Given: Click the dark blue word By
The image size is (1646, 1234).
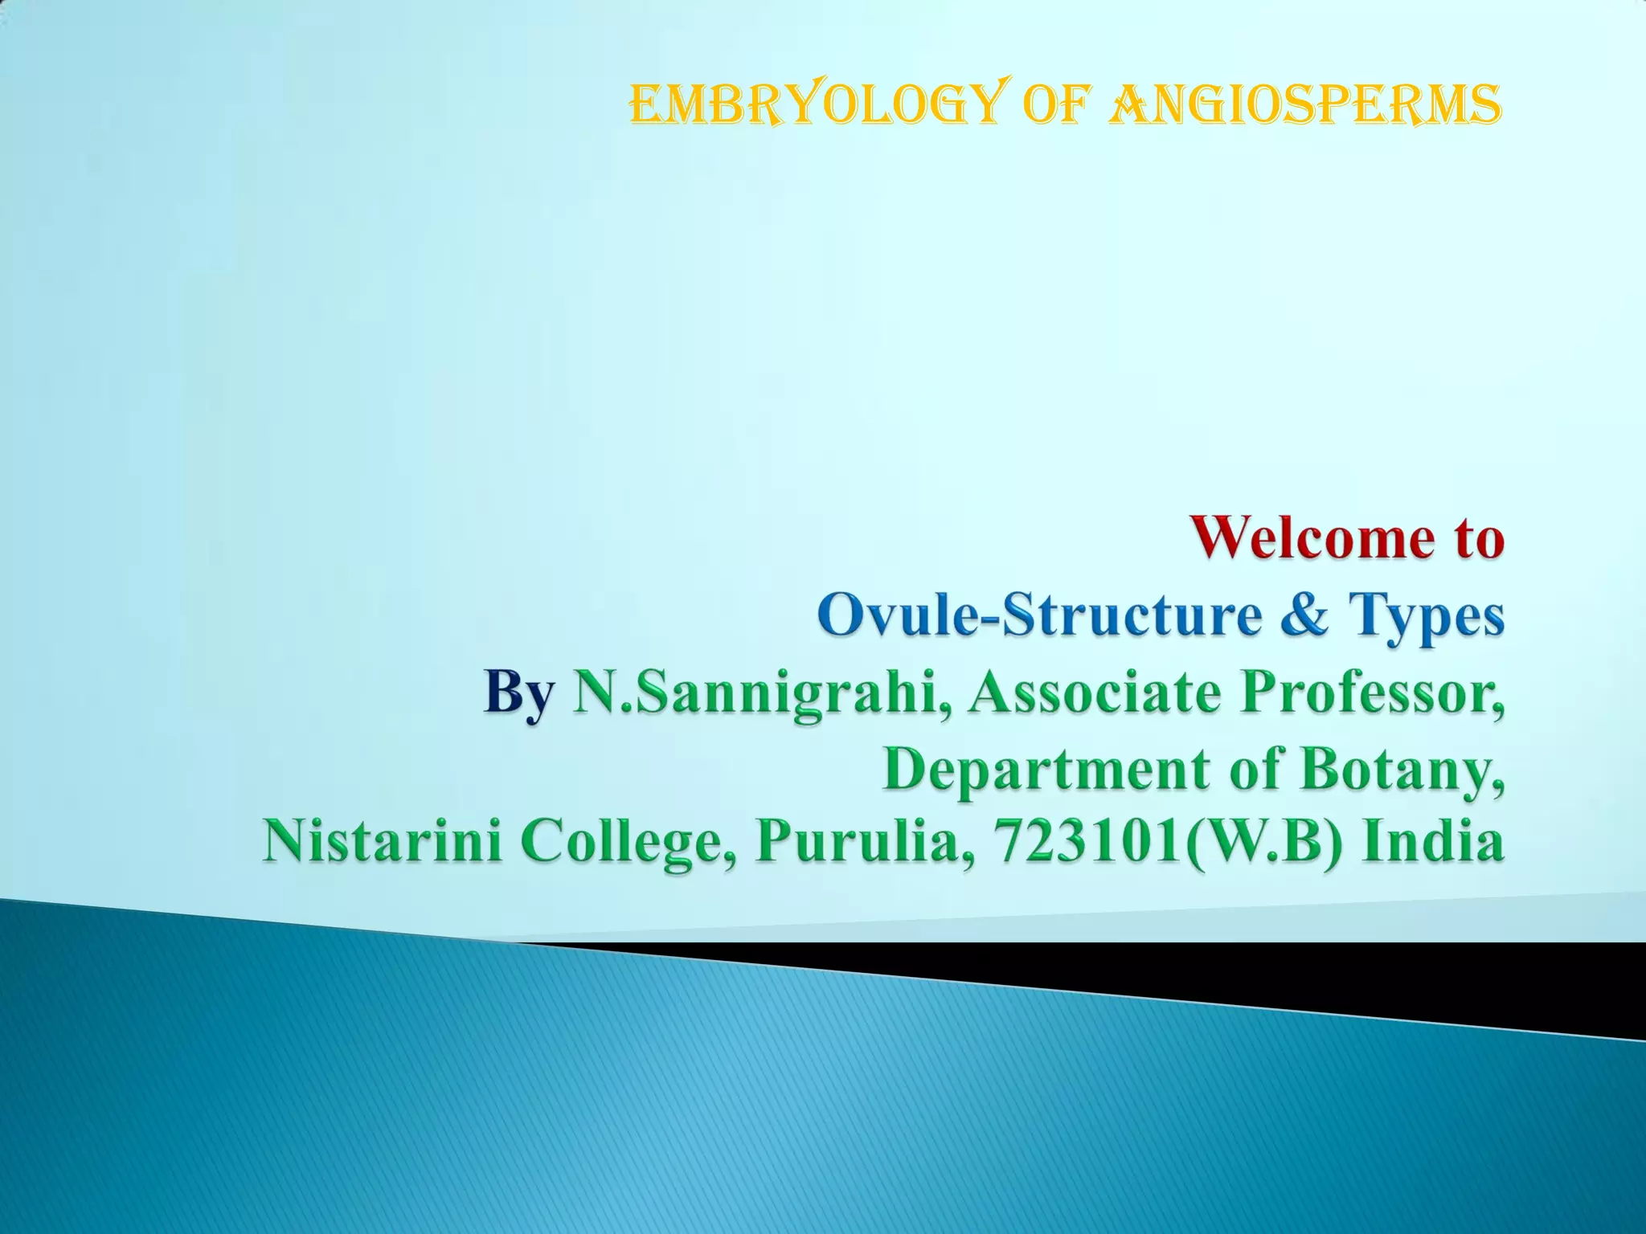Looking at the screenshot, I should point(518,694).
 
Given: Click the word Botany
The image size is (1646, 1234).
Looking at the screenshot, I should point(1402,770).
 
